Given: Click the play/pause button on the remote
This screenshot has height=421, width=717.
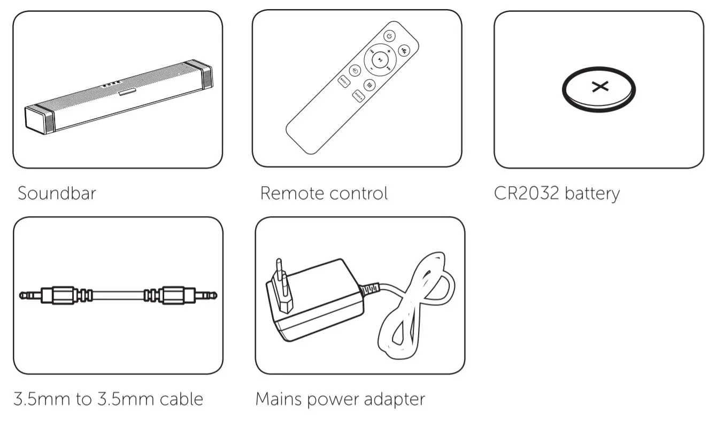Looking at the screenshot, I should [379, 60].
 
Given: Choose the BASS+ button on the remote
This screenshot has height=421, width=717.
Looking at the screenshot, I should [358, 96].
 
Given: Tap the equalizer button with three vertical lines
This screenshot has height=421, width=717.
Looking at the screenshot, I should [370, 84].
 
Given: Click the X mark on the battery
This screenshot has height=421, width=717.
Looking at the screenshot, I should [599, 86].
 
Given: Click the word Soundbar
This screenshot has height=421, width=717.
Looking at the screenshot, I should [57, 193].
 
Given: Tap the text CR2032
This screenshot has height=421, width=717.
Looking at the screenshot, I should [525, 193].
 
